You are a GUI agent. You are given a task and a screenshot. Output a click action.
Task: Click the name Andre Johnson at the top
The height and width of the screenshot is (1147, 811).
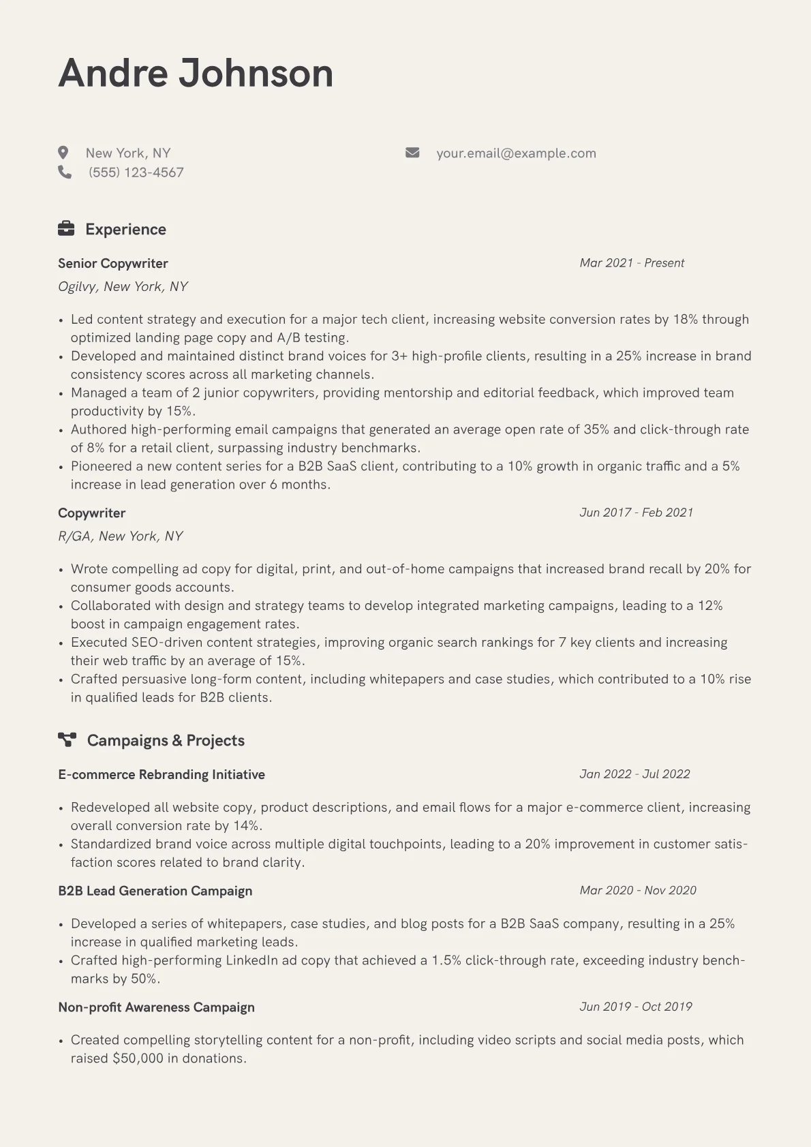[196, 73]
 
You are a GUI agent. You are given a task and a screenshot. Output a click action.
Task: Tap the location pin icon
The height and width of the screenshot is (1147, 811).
[63, 153]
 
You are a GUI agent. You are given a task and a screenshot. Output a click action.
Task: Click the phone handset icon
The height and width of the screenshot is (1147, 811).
[65, 172]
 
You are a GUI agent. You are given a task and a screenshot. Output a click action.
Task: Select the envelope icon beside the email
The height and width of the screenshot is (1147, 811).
[412, 153]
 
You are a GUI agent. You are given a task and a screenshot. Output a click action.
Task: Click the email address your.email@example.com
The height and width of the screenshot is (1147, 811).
[516, 153]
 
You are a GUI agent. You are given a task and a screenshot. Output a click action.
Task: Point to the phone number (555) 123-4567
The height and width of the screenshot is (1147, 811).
[136, 172]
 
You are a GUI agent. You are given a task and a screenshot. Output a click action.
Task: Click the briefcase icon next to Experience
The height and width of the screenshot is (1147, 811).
[66, 228]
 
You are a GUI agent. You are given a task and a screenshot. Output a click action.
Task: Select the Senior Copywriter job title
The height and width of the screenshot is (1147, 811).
[113, 263]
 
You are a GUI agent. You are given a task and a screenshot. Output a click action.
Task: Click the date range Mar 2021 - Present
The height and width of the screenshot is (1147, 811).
[632, 263]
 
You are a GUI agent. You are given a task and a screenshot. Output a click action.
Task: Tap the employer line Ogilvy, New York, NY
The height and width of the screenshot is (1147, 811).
[123, 286]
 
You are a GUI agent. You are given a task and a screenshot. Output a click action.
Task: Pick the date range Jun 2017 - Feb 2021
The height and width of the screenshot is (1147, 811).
[636, 513]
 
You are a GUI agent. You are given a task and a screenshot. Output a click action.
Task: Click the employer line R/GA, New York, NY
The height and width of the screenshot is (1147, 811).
[121, 536]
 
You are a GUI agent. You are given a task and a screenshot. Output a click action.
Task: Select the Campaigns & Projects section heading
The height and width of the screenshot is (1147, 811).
[166, 740]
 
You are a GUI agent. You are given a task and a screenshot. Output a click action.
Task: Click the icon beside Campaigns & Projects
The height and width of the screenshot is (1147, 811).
[67, 739]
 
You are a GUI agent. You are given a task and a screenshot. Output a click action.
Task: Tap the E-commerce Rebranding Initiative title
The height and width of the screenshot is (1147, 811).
[162, 774]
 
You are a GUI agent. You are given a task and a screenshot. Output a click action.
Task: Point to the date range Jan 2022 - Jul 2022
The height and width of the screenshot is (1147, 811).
[634, 774]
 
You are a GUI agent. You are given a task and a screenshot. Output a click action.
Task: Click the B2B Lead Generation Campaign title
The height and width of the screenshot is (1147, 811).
[155, 891]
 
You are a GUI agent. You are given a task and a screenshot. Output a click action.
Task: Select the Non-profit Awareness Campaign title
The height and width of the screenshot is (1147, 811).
[157, 1007]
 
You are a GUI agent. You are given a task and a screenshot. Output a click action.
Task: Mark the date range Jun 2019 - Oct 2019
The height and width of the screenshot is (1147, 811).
[636, 1007]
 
